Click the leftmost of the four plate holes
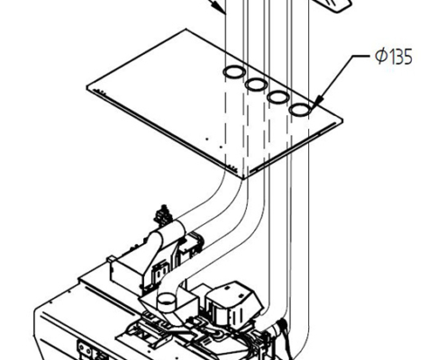[233, 74]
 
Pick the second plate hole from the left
[256, 85]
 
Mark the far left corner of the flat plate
[88, 87]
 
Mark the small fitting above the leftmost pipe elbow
[162, 215]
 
